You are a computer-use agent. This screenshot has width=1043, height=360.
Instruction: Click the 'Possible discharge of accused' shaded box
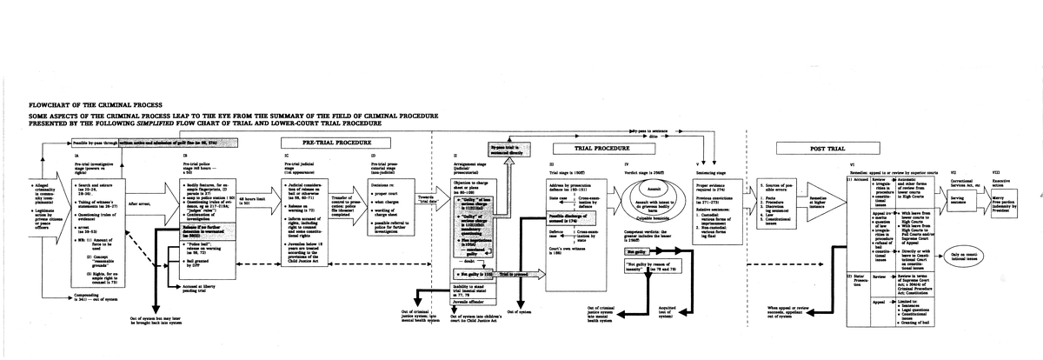tap(549, 219)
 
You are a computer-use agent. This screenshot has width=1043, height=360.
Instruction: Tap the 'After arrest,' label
tap(139, 202)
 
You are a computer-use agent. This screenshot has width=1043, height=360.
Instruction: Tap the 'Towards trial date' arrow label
tap(426, 199)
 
